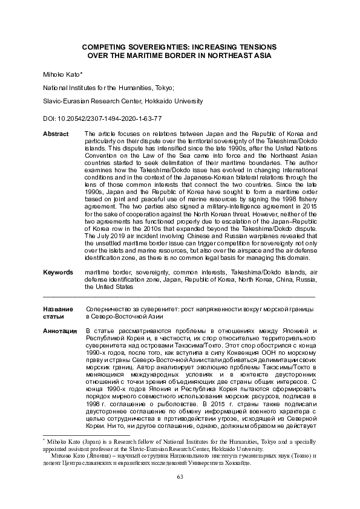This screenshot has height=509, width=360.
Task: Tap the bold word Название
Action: [x=59, y=309]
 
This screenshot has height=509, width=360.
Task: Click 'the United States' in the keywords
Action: [x=109, y=287]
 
